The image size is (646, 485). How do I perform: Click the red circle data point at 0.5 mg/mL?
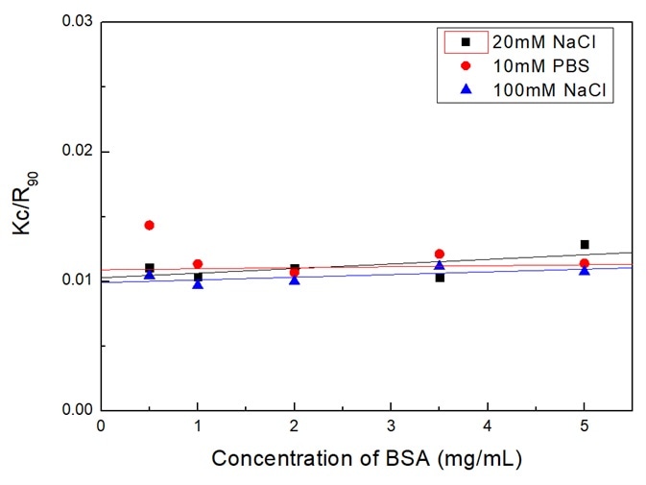click(x=149, y=225)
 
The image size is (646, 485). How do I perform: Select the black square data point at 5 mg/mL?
click(x=585, y=244)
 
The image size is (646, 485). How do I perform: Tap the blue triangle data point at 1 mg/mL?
click(x=198, y=283)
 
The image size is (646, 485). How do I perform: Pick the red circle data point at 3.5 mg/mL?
click(x=440, y=254)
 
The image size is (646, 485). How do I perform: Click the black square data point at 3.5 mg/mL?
click(x=440, y=278)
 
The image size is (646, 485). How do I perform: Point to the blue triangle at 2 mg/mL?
click(x=295, y=279)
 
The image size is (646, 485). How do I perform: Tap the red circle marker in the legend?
click(x=466, y=65)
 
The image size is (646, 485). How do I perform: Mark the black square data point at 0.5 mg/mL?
click(x=149, y=268)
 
